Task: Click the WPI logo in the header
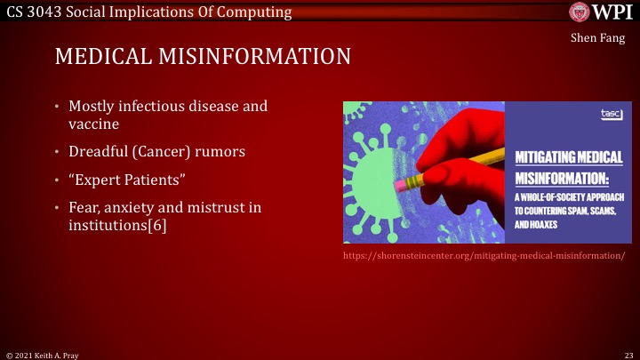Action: (601, 12)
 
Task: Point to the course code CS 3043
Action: (31, 11)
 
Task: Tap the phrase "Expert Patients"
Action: (126, 180)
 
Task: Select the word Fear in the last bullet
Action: (84, 208)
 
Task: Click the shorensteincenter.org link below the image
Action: (484, 256)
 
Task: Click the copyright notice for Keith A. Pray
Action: (44, 354)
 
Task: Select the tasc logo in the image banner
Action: (610, 114)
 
